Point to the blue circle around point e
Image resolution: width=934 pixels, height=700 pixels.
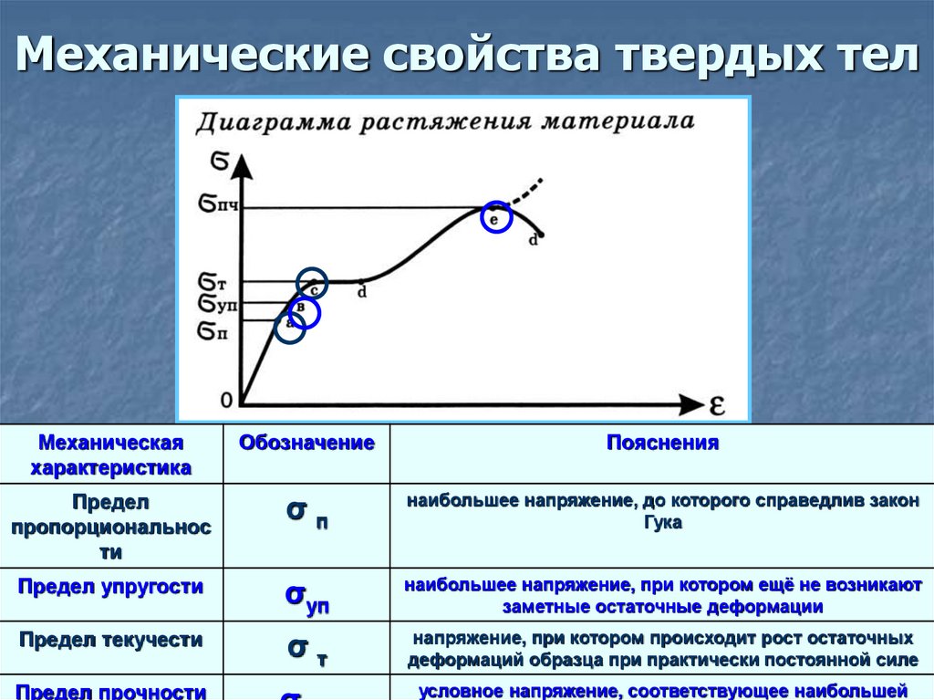coord(496,217)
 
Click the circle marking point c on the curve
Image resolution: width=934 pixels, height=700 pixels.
coord(312,285)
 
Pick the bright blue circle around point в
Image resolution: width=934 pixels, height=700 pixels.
coord(305,313)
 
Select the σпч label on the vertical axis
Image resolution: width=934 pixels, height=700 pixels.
coord(218,205)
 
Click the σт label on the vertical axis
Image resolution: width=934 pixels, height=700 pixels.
coord(212,281)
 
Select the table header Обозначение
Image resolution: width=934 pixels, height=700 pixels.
coord(306,444)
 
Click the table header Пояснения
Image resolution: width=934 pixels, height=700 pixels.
coord(662,444)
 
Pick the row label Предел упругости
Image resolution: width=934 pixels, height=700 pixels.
coord(110,586)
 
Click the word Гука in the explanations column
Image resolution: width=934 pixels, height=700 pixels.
coord(662,523)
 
